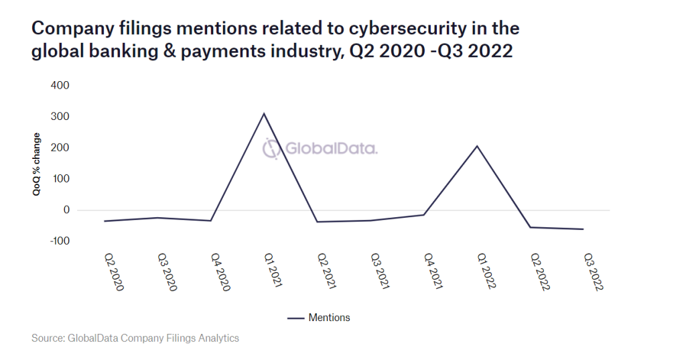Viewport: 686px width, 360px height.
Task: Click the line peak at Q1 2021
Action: click(x=264, y=113)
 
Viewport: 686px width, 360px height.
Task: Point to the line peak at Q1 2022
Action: click(x=478, y=145)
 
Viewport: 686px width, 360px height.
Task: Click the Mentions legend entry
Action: click(x=319, y=317)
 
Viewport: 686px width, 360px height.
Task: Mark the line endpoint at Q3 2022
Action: click(x=584, y=229)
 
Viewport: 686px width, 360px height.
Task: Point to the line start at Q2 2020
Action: click(x=105, y=221)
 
